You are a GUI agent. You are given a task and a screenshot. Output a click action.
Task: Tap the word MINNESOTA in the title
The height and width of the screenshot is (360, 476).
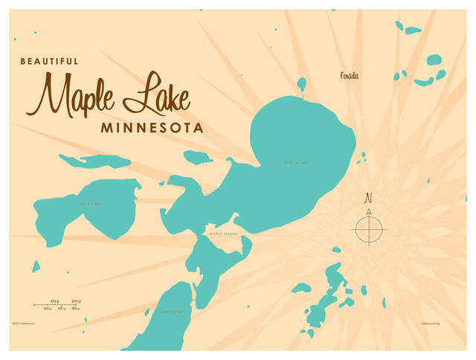coord(152,127)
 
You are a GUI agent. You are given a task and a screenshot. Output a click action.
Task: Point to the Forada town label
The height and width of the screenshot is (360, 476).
coord(350,75)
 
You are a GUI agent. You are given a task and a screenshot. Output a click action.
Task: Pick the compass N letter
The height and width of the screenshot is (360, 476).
coord(368,199)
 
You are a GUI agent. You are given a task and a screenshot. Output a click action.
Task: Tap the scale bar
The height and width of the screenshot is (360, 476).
coord(57,305)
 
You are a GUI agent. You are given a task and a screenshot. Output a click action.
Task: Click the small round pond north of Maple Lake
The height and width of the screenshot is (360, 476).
coord(301,83)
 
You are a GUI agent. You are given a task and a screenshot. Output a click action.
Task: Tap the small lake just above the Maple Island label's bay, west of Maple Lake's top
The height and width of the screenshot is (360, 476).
coord(198,157)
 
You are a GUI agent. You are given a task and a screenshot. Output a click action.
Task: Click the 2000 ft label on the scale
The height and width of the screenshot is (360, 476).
coord(75,301)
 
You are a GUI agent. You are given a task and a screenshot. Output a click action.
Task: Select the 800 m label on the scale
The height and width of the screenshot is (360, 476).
coord(61,309)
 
